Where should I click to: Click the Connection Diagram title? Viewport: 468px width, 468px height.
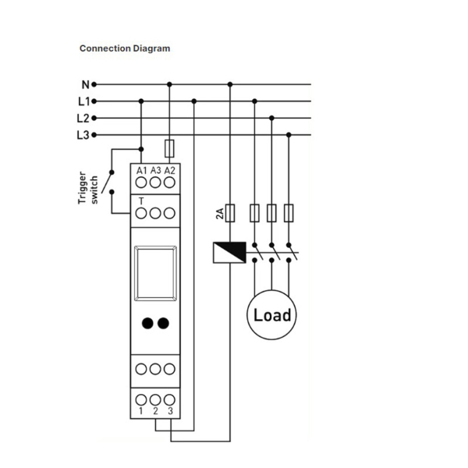pos(125,48)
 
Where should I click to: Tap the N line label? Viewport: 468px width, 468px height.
pos(86,85)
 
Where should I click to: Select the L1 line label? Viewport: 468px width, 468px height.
pos(84,101)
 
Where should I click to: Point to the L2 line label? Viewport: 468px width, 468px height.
pos(83,119)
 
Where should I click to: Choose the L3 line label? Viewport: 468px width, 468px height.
pos(83,135)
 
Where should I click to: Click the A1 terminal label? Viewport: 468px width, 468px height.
pos(141,171)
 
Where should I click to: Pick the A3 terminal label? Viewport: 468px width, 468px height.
pos(155,170)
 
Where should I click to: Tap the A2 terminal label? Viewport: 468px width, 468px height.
pos(170,171)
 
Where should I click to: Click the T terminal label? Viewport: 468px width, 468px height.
pos(141,201)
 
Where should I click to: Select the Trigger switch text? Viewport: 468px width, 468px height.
pos(87,188)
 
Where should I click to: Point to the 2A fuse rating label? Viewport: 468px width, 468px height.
pos(220,214)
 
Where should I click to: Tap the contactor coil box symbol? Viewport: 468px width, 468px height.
pos(229,253)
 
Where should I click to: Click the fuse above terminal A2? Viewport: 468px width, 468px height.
pos(169,148)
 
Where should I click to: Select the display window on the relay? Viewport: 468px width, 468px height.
pos(155,273)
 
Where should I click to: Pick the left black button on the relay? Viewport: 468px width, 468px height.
pos(147,323)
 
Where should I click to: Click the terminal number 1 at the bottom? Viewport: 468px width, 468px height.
pos(141,411)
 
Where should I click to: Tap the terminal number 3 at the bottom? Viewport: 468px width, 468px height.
pos(170,411)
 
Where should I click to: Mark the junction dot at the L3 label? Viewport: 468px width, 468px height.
pos(94,135)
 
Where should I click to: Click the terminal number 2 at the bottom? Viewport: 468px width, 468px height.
pos(155,411)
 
